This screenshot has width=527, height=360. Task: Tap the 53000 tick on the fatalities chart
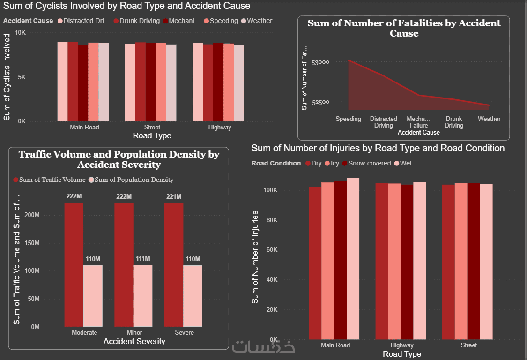coord(320,62)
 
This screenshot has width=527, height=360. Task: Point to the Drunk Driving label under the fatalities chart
coord(454,122)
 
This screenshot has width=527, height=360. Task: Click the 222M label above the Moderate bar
coord(74,196)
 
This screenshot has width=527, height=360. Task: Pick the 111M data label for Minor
coord(143,259)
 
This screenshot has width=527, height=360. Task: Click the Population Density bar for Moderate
coord(93,296)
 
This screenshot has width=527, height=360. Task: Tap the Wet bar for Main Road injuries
coord(353,258)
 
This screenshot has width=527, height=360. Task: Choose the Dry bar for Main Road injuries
coord(315,262)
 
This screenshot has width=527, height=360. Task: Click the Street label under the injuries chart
coord(468,345)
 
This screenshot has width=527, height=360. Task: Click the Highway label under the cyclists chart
coord(220,127)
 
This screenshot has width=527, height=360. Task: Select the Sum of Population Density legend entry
coord(134,180)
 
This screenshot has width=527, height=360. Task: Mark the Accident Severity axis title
coord(134,342)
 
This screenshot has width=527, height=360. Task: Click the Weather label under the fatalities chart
coord(489,119)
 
